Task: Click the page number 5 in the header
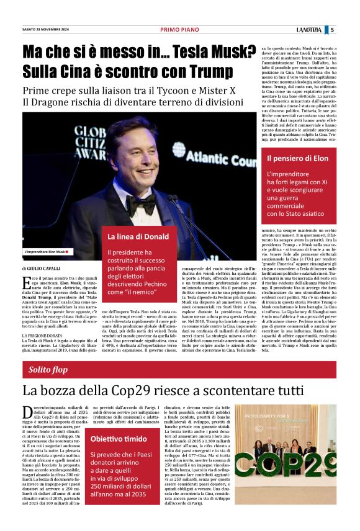(332, 29)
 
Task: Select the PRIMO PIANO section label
(179, 29)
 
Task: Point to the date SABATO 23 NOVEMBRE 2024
(45, 29)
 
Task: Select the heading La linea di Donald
(138, 236)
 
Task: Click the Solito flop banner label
(48, 370)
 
